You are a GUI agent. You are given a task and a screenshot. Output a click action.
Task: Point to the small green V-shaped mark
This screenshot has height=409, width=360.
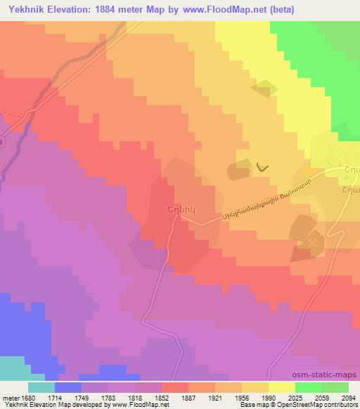coord(262,167)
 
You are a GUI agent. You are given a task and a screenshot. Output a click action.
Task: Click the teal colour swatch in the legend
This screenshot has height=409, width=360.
coord(41,387)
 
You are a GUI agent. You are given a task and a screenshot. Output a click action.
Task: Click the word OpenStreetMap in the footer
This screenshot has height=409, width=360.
coord(318,405)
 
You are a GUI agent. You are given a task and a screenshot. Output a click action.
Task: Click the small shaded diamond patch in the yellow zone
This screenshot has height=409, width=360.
coord(264,89)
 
